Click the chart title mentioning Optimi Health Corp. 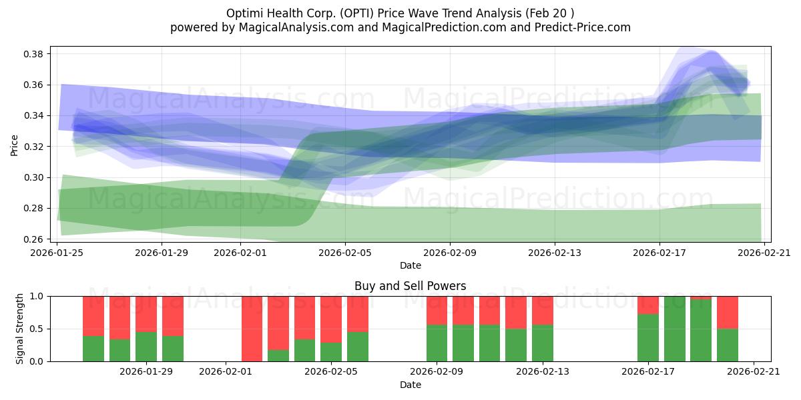400,13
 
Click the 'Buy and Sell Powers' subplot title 410,286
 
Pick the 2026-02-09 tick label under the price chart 449,253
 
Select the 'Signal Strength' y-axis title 20,329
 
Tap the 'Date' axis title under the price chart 410,265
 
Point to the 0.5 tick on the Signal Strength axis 37,329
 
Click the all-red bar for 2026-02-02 252,329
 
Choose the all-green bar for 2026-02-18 674,329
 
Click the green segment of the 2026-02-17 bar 648,339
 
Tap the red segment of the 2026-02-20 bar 727,312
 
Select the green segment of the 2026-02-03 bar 278,355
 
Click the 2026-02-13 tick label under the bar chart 542,372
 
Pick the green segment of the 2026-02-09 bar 437,343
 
